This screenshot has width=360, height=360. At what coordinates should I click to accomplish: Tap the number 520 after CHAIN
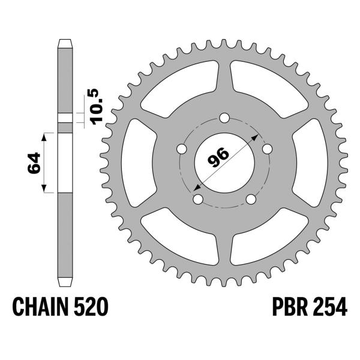click(x=94, y=308)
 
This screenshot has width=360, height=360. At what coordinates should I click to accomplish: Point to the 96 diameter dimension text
click(x=218, y=158)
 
